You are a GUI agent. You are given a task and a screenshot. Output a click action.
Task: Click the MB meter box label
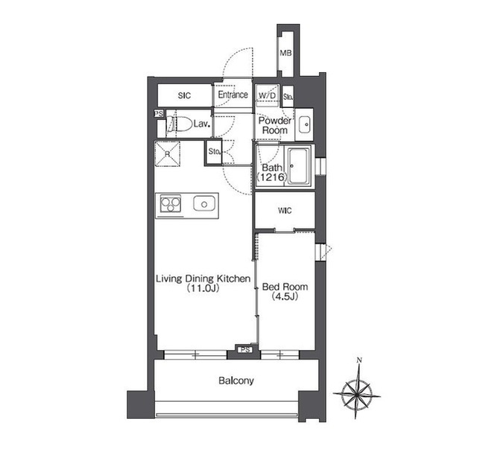point(285,53)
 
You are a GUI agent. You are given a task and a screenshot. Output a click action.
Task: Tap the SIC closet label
point(184,96)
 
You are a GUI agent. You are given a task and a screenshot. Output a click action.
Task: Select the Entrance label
point(233,95)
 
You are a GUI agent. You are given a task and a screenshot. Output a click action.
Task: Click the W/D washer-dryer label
point(267,95)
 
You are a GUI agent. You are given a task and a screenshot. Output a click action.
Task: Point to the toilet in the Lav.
point(180,124)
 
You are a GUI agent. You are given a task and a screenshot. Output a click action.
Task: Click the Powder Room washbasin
point(304,124)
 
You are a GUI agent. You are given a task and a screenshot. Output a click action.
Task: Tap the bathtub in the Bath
point(299,166)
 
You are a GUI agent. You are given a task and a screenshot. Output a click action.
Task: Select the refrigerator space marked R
point(167,153)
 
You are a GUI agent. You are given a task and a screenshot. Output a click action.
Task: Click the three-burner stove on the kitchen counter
point(171,203)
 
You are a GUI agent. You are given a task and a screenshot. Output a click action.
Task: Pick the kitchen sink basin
point(204,203)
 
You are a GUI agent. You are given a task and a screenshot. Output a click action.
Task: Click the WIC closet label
point(285,210)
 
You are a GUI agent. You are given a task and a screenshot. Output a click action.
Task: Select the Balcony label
point(236,381)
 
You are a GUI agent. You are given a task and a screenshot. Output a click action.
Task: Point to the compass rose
point(356,395)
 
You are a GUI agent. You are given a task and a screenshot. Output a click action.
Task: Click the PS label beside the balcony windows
point(245,349)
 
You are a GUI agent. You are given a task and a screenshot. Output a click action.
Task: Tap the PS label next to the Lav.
point(159,114)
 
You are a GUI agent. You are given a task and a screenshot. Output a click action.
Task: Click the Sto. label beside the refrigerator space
point(215,151)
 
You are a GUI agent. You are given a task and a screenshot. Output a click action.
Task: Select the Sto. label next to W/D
point(288,97)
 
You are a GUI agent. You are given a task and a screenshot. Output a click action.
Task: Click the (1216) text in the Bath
point(272,177)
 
